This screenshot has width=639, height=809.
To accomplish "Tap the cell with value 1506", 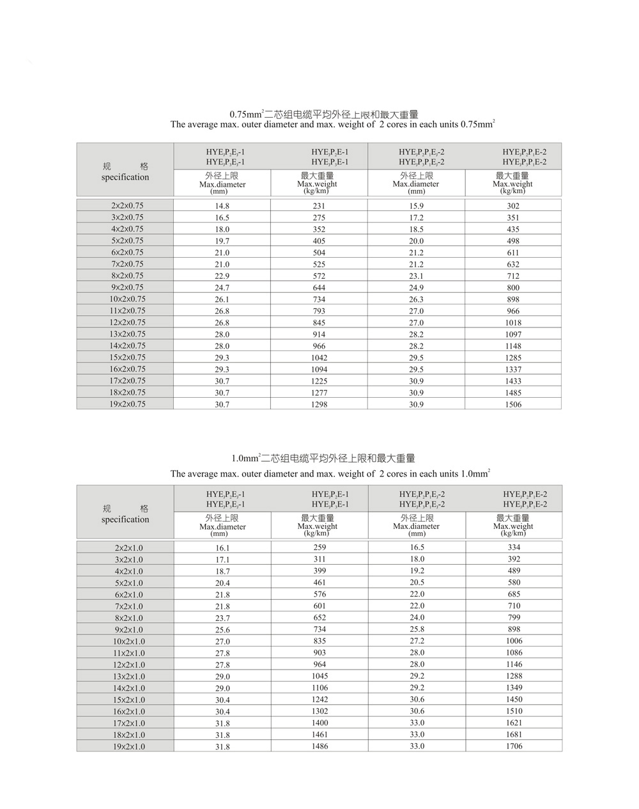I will pyautogui.click(x=513, y=404).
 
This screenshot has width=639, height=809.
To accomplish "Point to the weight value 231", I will pyautogui.click(x=319, y=206).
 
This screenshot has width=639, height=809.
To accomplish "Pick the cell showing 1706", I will pyautogui.click(x=514, y=746).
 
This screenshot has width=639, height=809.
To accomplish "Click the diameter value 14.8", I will pyautogui.click(x=222, y=206).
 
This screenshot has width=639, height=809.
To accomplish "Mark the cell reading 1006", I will pyautogui.click(x=514, y=641).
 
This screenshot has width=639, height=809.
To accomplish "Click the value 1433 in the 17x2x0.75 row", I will pyautogui.click(x=513, y=381).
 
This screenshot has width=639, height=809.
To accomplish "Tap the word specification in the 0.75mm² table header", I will pyautogui.click(x=125, y=177).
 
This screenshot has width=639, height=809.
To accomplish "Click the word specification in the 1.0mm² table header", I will pyautogui.click(x=125, y=519).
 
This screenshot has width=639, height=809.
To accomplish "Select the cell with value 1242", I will pyautogui.click(x=319, y=699).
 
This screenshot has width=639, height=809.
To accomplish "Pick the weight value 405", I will pyautogui.click(x=319, y=241).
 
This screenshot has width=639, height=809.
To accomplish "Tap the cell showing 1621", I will pyautogui.click(x=514, y=723).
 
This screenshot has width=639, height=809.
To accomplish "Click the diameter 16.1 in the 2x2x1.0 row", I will pyautogui.click(x=222, y=548).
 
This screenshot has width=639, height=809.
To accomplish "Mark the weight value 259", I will pyautogui.click(x=319, y=547).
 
